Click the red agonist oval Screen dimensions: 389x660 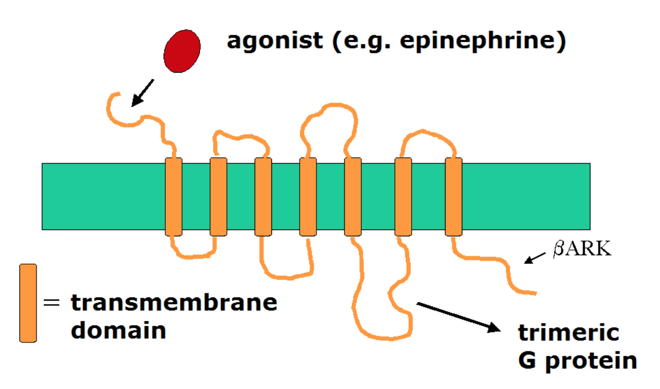tap(182, 50)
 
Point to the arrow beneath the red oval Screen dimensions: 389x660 tap(143, 93)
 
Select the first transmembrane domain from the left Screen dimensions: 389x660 tap(173, 197)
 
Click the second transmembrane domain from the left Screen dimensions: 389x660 tap(218, 197)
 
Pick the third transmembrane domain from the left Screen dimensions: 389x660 tap(263, 197)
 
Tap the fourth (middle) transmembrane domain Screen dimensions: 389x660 tap(308, 197)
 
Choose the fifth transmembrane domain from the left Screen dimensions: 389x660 tap(353, 197)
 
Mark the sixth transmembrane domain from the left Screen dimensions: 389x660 tap(403, 197)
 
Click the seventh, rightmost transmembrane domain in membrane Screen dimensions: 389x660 tap(453, 197)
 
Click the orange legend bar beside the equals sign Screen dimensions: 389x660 tap(28, 303)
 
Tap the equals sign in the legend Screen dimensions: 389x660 tap(51, 303)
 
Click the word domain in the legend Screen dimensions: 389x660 tap(118, 330)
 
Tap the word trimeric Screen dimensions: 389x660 tap(568, 333)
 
